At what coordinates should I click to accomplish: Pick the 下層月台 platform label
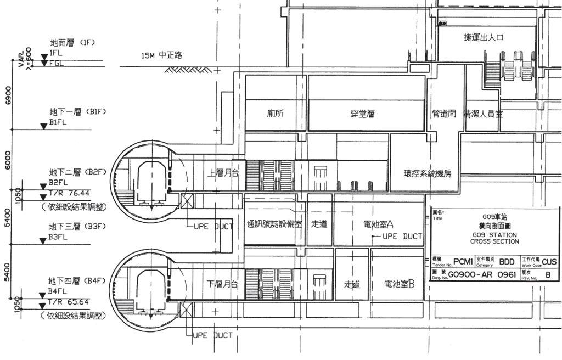coord(222,284)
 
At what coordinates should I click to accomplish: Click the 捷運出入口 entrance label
coord(484,37)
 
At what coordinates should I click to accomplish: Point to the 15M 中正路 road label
coord(162,55)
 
